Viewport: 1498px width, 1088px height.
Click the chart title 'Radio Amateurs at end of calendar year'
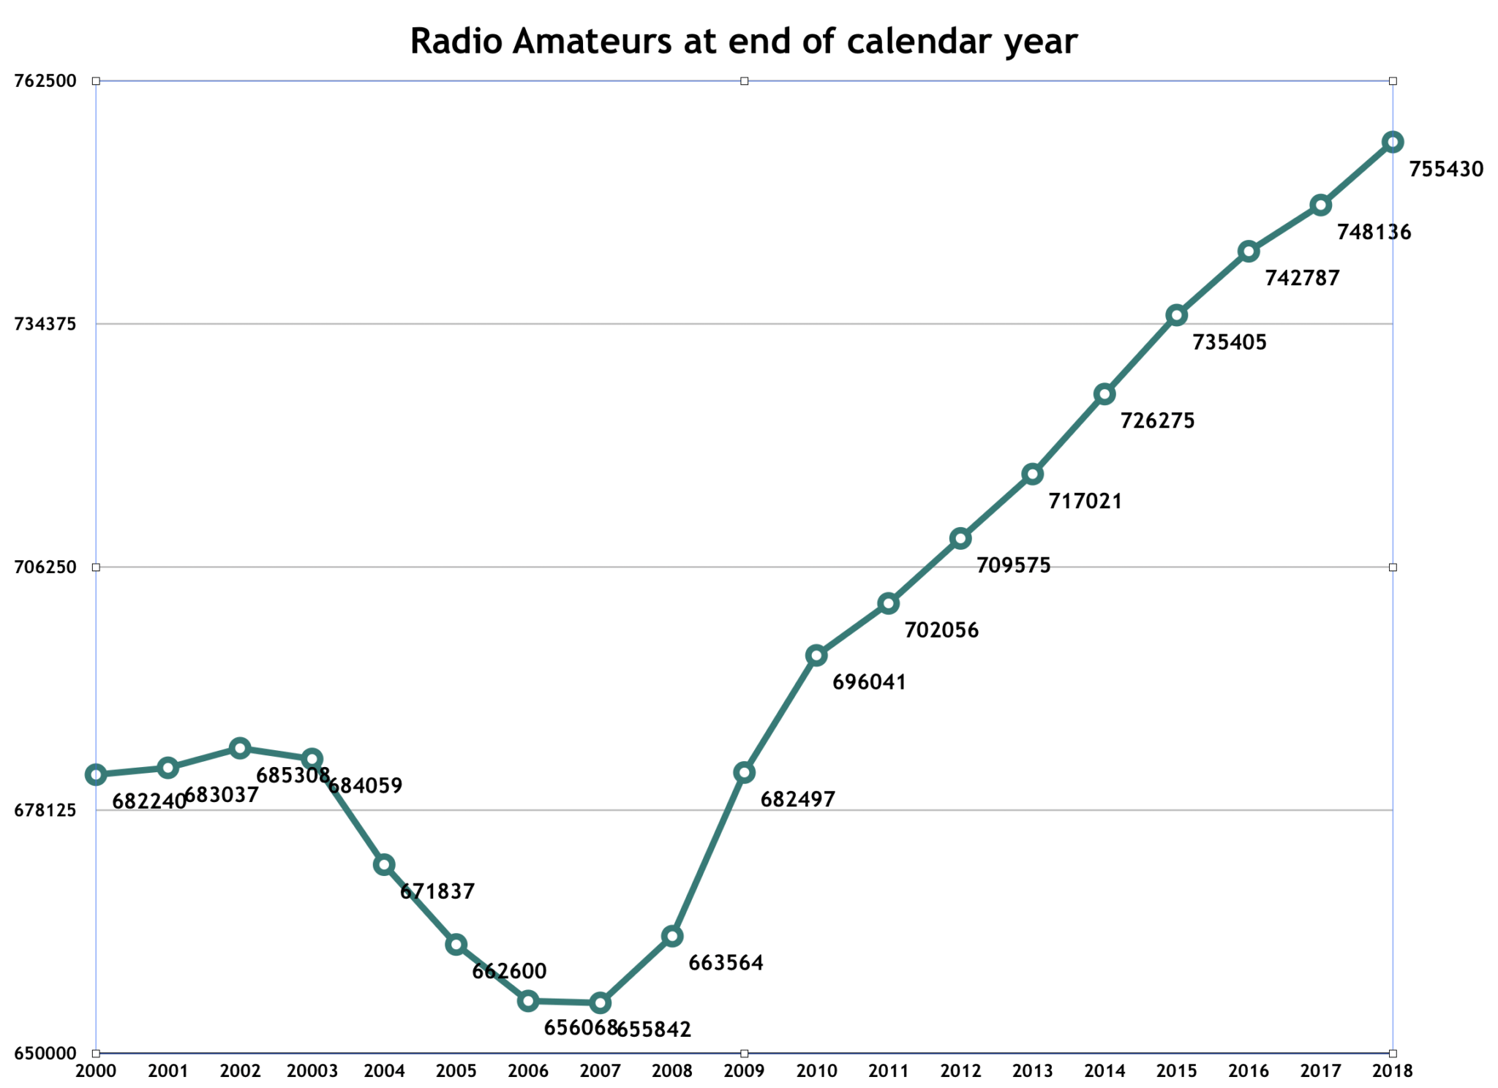click(743, 42)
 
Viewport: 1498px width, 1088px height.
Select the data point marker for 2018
click(1392, 142)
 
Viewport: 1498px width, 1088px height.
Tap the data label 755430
click(1446, 170)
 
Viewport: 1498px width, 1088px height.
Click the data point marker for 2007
click(600, 1002)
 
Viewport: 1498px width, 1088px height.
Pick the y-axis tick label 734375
click(45, 324)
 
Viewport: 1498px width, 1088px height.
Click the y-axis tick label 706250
click(45, 567)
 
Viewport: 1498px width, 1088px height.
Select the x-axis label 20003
click(312, 1071)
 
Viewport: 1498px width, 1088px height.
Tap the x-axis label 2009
click(744, 1071)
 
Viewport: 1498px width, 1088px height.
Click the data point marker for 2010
click(816, 655)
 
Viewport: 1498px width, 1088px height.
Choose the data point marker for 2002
click(240, 748)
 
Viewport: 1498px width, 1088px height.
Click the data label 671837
click(437, 892)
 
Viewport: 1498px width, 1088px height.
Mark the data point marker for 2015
click(1176, 315)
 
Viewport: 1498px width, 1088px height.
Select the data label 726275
click(1158, 421)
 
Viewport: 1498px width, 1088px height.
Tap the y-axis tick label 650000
click(45, 1054)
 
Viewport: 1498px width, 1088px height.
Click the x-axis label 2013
click(1032, 1071)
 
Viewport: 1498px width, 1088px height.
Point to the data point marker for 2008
click(672, 936)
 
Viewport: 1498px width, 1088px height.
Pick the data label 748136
click(1374, 233)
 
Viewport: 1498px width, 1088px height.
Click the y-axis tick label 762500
click(45, 80)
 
